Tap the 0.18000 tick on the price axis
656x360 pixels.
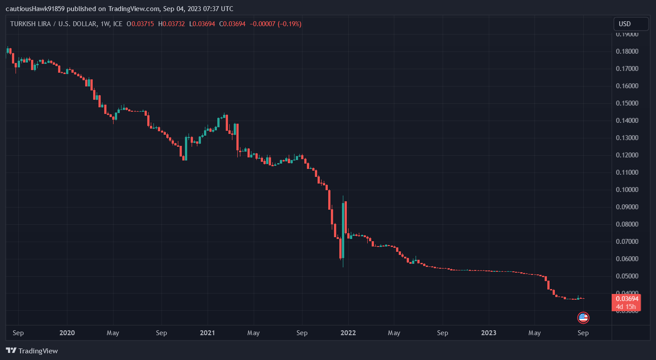[628, 51]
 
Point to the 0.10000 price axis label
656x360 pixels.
[628, 190]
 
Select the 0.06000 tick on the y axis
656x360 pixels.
[628, 259]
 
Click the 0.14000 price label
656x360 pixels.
[628, 121]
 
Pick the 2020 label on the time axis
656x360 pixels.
[67, 333]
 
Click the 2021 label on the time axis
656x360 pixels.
[207, 333]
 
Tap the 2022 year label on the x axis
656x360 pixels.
[348, 333]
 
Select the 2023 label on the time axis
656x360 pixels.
[489, 333]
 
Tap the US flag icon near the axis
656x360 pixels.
[583, 317]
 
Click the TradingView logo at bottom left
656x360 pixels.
[32, 351]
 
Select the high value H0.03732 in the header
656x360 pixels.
[172, 24]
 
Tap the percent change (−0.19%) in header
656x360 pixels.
[289, 24]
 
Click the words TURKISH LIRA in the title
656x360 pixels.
[29, 24]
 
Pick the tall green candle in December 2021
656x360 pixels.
[343, 231]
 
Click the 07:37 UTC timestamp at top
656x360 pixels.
[217, 9]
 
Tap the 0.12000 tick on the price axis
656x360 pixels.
[628, 155]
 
